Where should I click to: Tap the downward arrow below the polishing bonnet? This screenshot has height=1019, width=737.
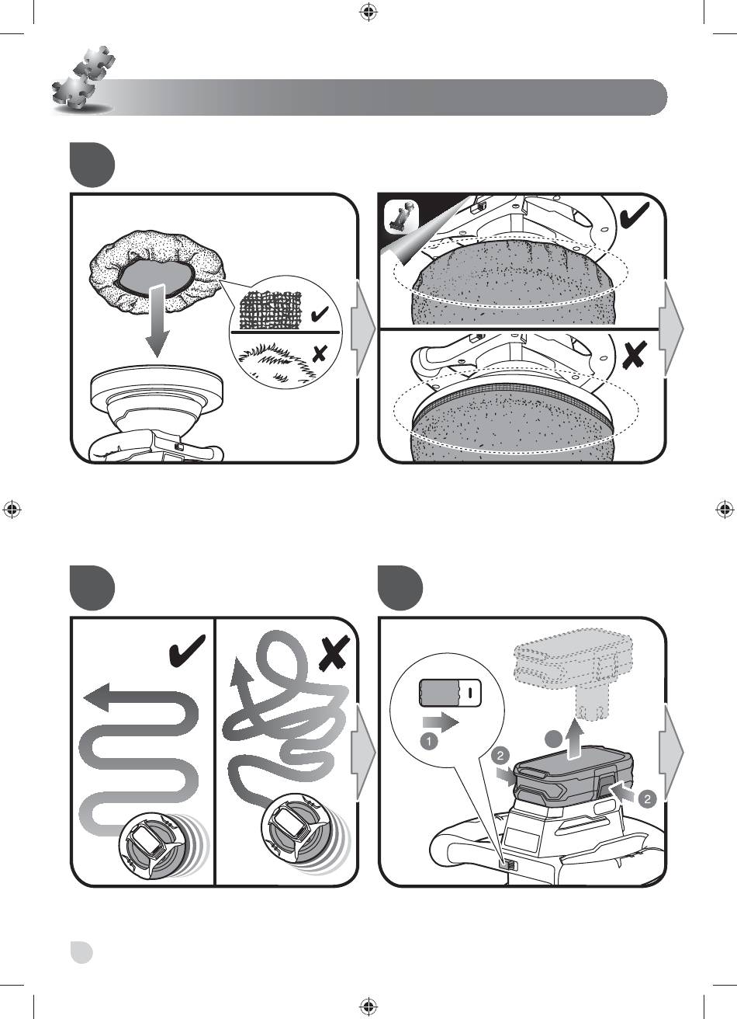157,321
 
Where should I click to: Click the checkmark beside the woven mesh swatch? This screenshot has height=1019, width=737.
320,314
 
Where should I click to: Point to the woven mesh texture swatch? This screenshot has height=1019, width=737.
270,310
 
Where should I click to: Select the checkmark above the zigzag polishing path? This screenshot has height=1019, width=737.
187,651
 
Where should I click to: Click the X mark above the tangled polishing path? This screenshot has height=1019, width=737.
334,652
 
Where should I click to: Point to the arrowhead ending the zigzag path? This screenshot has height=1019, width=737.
96,697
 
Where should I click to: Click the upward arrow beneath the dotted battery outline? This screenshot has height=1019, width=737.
576,742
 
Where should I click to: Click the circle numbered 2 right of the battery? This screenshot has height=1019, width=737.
648,799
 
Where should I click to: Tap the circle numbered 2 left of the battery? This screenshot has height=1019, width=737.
500,756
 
